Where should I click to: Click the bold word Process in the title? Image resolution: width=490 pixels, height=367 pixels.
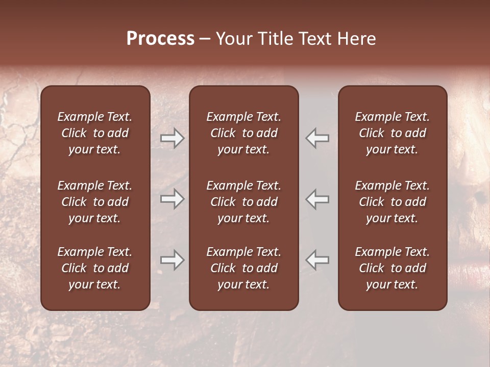pyautogui.click(x=160, y=39)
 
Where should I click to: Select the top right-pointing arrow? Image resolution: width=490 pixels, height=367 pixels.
pyautogui.click(x=172, y=138)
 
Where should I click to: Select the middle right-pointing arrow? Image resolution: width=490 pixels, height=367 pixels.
pyautogui.click(x=172, y=199)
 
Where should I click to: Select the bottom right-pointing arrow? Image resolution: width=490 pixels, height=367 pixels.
pyautogui.click(x=172, y=260)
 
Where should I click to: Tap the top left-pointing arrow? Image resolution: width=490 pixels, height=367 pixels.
pyautogui.click(x=317, y=138)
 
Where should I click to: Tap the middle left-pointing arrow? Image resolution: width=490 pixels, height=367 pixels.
pyautogui.click(x=317, y=199)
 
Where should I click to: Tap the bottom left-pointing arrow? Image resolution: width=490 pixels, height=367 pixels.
pyautogui.click(x=317, y=260)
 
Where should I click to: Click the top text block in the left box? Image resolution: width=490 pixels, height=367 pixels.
pyautogui.click(x=95, y=133)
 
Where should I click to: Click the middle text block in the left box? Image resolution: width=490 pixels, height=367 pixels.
pyautogui.click(x=95, y=202)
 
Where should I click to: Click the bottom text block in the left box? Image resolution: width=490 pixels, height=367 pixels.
pyautogui.click(x=95, y=268)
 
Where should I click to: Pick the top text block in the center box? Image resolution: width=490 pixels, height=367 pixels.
pyautogui.click(x=243, y=133)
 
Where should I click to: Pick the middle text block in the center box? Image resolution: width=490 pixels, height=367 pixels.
pyautogui.click(x=243, y=202)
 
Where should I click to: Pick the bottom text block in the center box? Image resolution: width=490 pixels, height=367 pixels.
pyautogui.click(x=243, y=268)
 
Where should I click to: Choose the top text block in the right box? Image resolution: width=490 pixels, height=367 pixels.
pyautogui.click(x=392, y=133)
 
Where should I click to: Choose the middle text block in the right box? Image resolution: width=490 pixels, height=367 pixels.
pyautogui.click(x=392, y=202)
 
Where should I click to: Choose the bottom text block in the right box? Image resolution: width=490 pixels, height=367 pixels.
pyautogui.click(x=392, y=268)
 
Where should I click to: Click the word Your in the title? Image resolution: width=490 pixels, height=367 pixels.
pyautogui.click(x=234, y=39)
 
